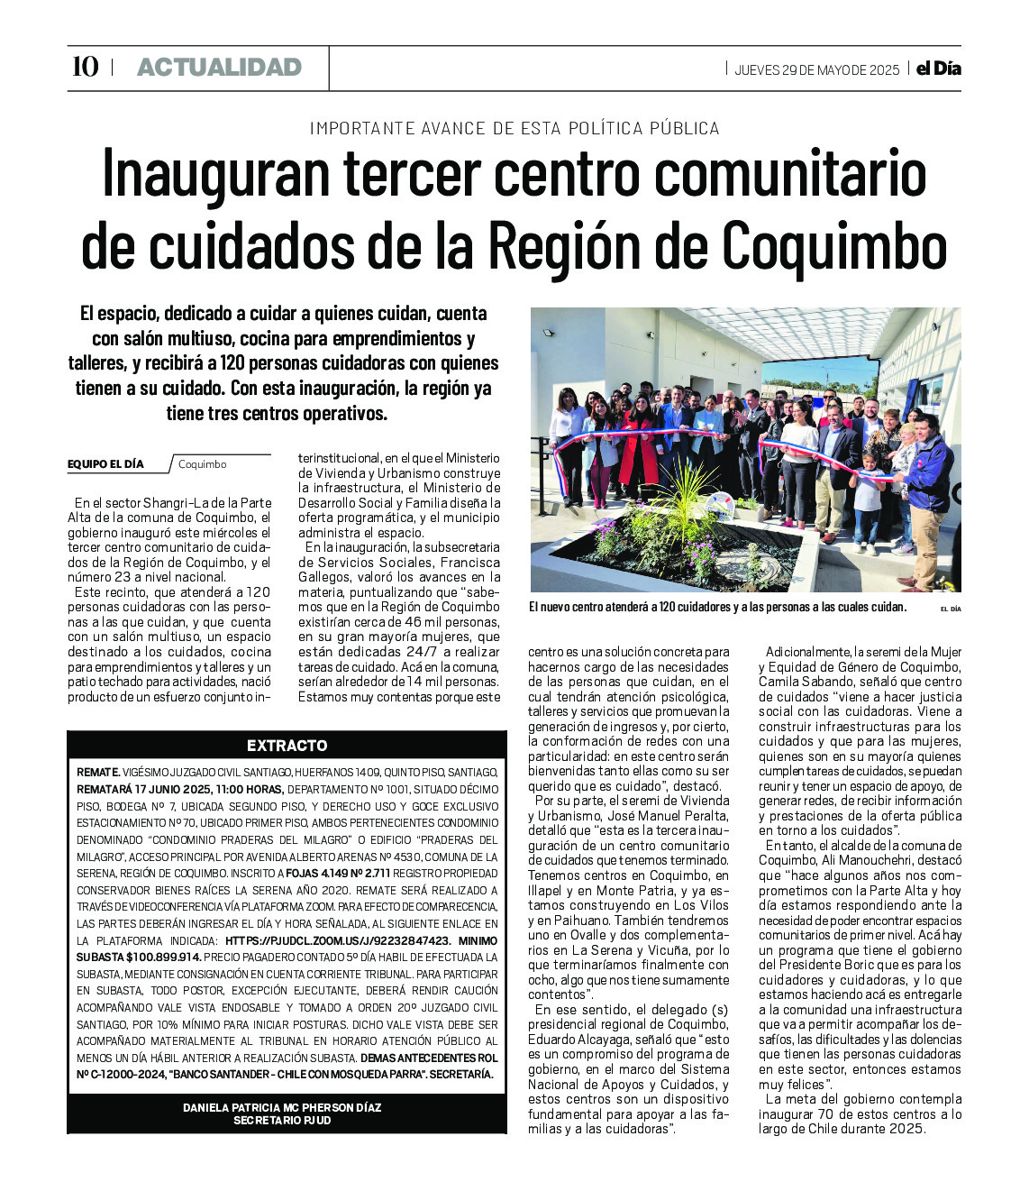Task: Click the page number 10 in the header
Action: pos(85,68)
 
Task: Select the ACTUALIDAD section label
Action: pos(219,68)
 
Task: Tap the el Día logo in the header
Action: pos(938,69)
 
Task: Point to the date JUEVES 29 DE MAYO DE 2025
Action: pos(816,70)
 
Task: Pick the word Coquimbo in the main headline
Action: pos(834,244)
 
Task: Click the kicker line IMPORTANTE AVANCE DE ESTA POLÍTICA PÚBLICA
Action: pos(514,128)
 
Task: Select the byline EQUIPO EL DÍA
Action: pos(105,464)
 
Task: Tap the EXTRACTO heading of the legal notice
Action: pos(287,746)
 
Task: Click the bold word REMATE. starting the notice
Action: pos(98,773)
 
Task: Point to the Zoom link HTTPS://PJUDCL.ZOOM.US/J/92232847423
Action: pos(338,940)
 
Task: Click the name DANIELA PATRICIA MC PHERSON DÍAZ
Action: pos(281,1107)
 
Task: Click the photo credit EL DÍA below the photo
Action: pos(950,609)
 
